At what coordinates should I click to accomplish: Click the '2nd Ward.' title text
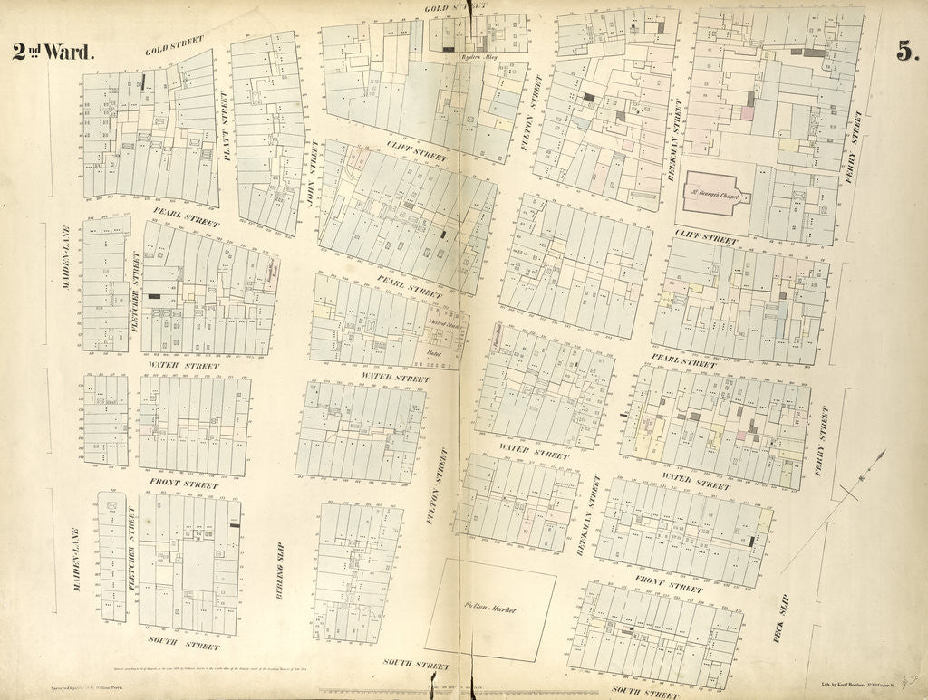[x=53, y=53]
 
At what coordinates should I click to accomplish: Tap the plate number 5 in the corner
[x=904, y=52]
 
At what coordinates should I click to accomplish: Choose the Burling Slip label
[x=279, y=561]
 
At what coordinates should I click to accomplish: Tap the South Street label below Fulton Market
[x=407, y=664]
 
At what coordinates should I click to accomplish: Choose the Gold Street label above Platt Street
[x=174, y=43]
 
